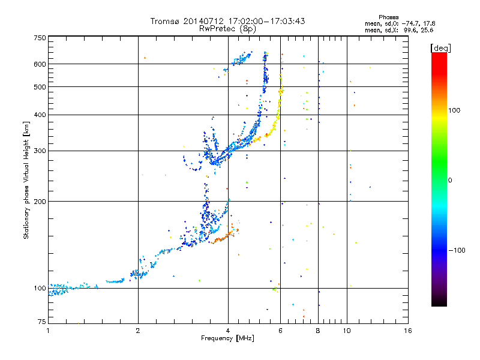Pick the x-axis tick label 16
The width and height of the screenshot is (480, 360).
(x=407, y=331)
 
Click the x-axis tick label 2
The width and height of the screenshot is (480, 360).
(x=138, y=331)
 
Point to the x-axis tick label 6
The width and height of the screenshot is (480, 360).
(x=280, y=331)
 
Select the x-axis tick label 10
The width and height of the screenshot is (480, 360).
(x=346, y=331)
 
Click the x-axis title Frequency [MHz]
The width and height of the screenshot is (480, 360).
(x=227, y=339)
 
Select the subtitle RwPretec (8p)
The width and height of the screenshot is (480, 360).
(x=227, y=28)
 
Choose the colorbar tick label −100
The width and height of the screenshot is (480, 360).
(x=457, y=250)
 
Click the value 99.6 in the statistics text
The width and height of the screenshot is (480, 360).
(x=409, y=29)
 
